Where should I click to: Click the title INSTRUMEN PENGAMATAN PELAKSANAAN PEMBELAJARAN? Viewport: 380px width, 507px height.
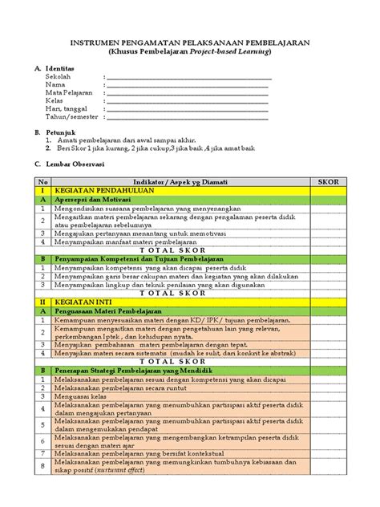pos(190,41)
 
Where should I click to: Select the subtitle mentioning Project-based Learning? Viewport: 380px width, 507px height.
pos(190,51)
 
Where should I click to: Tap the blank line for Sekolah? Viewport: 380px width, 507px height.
pos(188,79)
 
